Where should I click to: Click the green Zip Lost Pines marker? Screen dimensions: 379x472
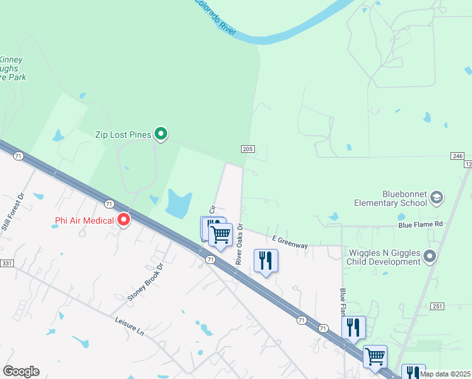162,133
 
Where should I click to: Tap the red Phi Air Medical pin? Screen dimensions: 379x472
124,220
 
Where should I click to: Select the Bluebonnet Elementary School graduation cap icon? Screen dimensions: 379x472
435,198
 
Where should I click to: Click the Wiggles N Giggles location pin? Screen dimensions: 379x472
430,256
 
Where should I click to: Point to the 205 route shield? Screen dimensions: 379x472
247,149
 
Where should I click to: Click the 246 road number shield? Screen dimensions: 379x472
457,156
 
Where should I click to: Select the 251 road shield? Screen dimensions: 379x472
438,306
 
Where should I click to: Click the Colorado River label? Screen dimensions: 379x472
215,17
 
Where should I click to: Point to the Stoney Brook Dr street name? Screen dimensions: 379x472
145,282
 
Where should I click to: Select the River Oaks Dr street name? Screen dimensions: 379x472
239,244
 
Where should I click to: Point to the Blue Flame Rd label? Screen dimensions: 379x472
420,224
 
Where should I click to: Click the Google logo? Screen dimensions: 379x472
21,371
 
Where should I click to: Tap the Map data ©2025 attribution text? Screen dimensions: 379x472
444,374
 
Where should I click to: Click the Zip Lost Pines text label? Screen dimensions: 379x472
124,134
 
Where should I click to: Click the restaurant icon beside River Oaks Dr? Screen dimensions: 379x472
266,260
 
